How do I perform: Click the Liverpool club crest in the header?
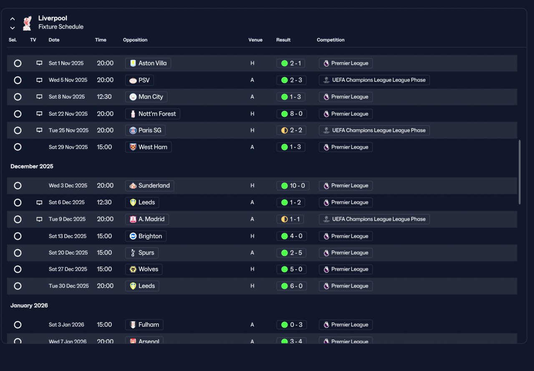pyautogui.click(x=27, y=23)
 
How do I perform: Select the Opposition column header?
pyautogui.click(x=135, y=40)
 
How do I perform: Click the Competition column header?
pyautogui.click(x=330, y=40)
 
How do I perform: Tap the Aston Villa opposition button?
pyautogui.click(x=148, y=63)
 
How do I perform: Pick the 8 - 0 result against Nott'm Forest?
pyautogui.click(x=292, y=114)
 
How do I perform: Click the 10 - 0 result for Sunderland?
pyautogui.click(x=293, y=185)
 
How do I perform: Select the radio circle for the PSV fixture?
pyautogui.click(x=18, y=80)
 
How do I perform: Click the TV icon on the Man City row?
pyautogui.click(x=39, y=96)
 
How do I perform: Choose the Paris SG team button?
pyautogui.click(x=146, y=130)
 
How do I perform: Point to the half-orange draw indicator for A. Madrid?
pyautogui.click(x=285, y=219)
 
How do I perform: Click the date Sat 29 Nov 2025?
pyautogui.click(x=68, y=147)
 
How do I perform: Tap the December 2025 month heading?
pyautogui.click(x=32, y=166)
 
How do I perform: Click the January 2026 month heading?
pyautogui.click(x=29, y=305)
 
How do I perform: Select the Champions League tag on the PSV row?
pyautogui.click(x=374, y=80)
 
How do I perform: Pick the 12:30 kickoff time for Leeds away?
pyautogui.click(x=104, y=202)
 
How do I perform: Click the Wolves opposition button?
pyautogui.click(x=144, y=269)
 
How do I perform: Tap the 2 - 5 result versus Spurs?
pyautogui.click(x=291, y=253)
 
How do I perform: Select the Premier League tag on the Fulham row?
pyautogui.click(x=346, y=325)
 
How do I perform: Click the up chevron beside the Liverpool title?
pyautogui.click(x=13, y=19)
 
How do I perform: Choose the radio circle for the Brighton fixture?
pyautogui.click(x=18, y=236)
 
